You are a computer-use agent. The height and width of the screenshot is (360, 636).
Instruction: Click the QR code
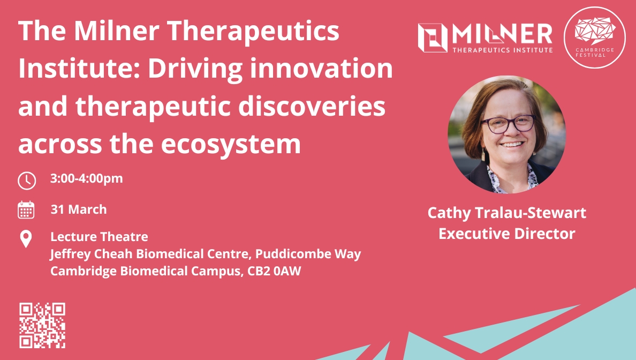[x=42, y=325]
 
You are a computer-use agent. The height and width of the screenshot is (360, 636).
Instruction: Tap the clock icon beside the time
[x=27, y=180]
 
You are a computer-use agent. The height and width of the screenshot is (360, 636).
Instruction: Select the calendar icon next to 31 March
[x=26, y=210]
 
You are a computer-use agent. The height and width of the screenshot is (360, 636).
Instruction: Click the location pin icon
[x=26, y=239]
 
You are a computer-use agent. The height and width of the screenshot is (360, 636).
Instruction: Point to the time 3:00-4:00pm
[x=86, y=178]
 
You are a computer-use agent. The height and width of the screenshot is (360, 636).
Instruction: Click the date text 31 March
[x=79, y=209]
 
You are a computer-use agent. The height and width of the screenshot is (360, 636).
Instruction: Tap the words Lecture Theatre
[x=100, y=237]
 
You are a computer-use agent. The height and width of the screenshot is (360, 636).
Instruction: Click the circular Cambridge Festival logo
[x=595, y=37]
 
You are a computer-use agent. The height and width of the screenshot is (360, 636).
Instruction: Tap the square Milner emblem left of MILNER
[x=433, y=37]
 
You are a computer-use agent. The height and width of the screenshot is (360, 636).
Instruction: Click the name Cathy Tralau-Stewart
[x=507, y=213]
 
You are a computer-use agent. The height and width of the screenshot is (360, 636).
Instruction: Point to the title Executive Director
[x=507, y=234]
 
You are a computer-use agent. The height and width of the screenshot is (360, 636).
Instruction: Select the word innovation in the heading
[x=321, y=68]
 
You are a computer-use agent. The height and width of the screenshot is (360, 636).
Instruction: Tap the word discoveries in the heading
[x=312, y=106]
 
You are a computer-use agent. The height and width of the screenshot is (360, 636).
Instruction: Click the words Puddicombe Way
[x=308, y=254]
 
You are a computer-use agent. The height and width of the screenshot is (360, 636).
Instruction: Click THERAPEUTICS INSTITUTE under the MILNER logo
[x=503, y=50]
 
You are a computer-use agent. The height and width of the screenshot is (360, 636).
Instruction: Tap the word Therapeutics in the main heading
[x=253, y=32]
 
